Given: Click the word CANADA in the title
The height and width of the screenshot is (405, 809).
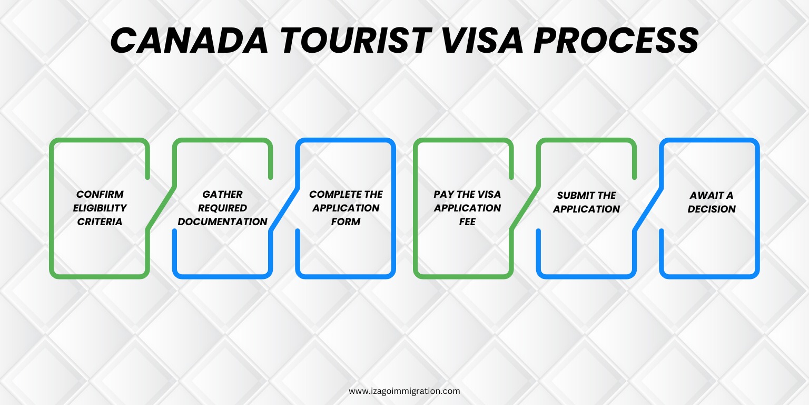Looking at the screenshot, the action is coord(189,40).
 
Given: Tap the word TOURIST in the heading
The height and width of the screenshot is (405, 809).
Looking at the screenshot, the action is coord(356,40).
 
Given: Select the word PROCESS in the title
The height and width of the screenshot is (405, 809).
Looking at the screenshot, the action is coord(616,40).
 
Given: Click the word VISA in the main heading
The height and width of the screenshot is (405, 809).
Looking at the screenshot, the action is coord(482,40).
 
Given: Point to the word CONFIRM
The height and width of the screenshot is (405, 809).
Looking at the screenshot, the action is coord(100,194).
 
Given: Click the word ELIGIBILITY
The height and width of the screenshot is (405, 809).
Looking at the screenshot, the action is coord(100,208).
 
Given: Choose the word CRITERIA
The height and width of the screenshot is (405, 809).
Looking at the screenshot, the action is coord(100,221).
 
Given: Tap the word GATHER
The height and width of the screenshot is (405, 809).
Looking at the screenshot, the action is coord(222,194).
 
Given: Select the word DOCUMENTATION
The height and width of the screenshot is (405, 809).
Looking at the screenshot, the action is coord(222,221).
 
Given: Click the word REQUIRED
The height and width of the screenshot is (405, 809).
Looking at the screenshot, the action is coord(222,208).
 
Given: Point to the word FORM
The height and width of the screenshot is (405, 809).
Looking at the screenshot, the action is coord(346,221).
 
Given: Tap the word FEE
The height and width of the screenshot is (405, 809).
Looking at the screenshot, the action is coord(467,221).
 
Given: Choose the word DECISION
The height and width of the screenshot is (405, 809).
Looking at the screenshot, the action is coord(712,209).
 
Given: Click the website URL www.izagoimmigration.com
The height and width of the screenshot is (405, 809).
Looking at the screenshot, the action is coord(404,391).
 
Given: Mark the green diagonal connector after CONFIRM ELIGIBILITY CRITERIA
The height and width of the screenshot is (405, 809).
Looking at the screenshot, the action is coord(161,208).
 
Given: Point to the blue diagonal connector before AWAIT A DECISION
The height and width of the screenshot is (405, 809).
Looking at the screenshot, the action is coord(648,208).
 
